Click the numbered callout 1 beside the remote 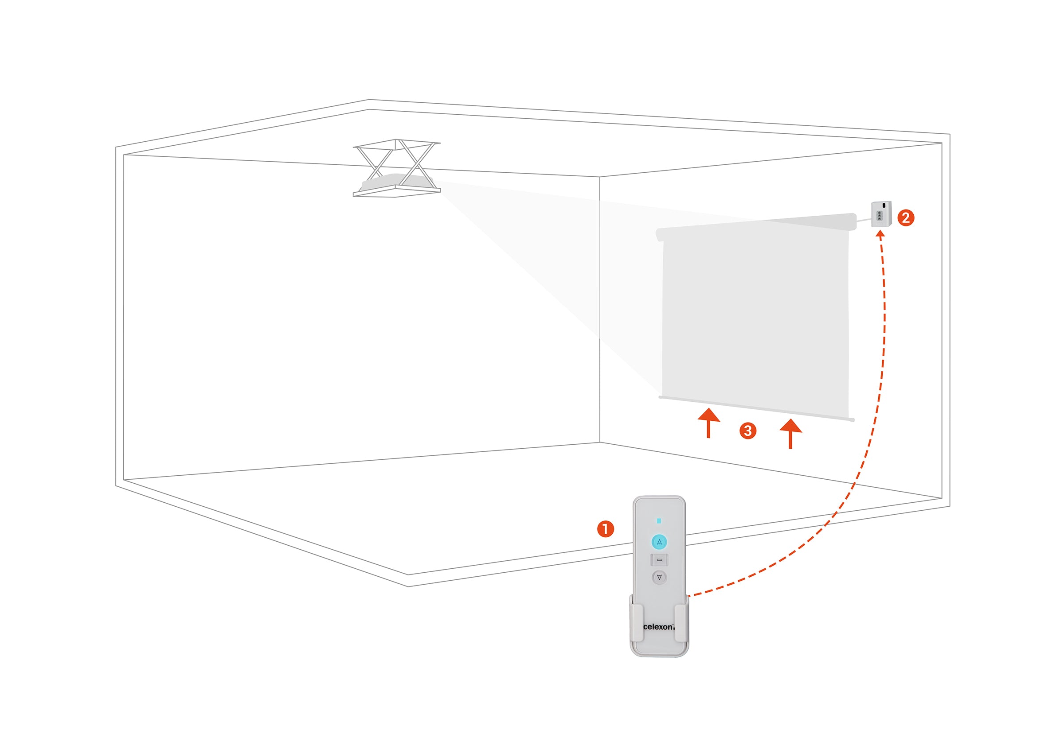605,529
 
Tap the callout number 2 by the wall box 906,217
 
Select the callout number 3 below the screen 747,431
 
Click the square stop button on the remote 659,559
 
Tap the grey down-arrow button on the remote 659,577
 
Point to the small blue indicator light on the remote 659,521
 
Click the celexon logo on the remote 658,627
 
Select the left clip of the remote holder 637,623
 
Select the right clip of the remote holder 681,623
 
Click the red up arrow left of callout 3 709,423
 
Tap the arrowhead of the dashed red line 880,234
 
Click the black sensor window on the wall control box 884,205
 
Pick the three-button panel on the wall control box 879,216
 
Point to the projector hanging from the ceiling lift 396,182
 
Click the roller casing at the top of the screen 756,227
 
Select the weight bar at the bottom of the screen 756,409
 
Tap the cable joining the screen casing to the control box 864,220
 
